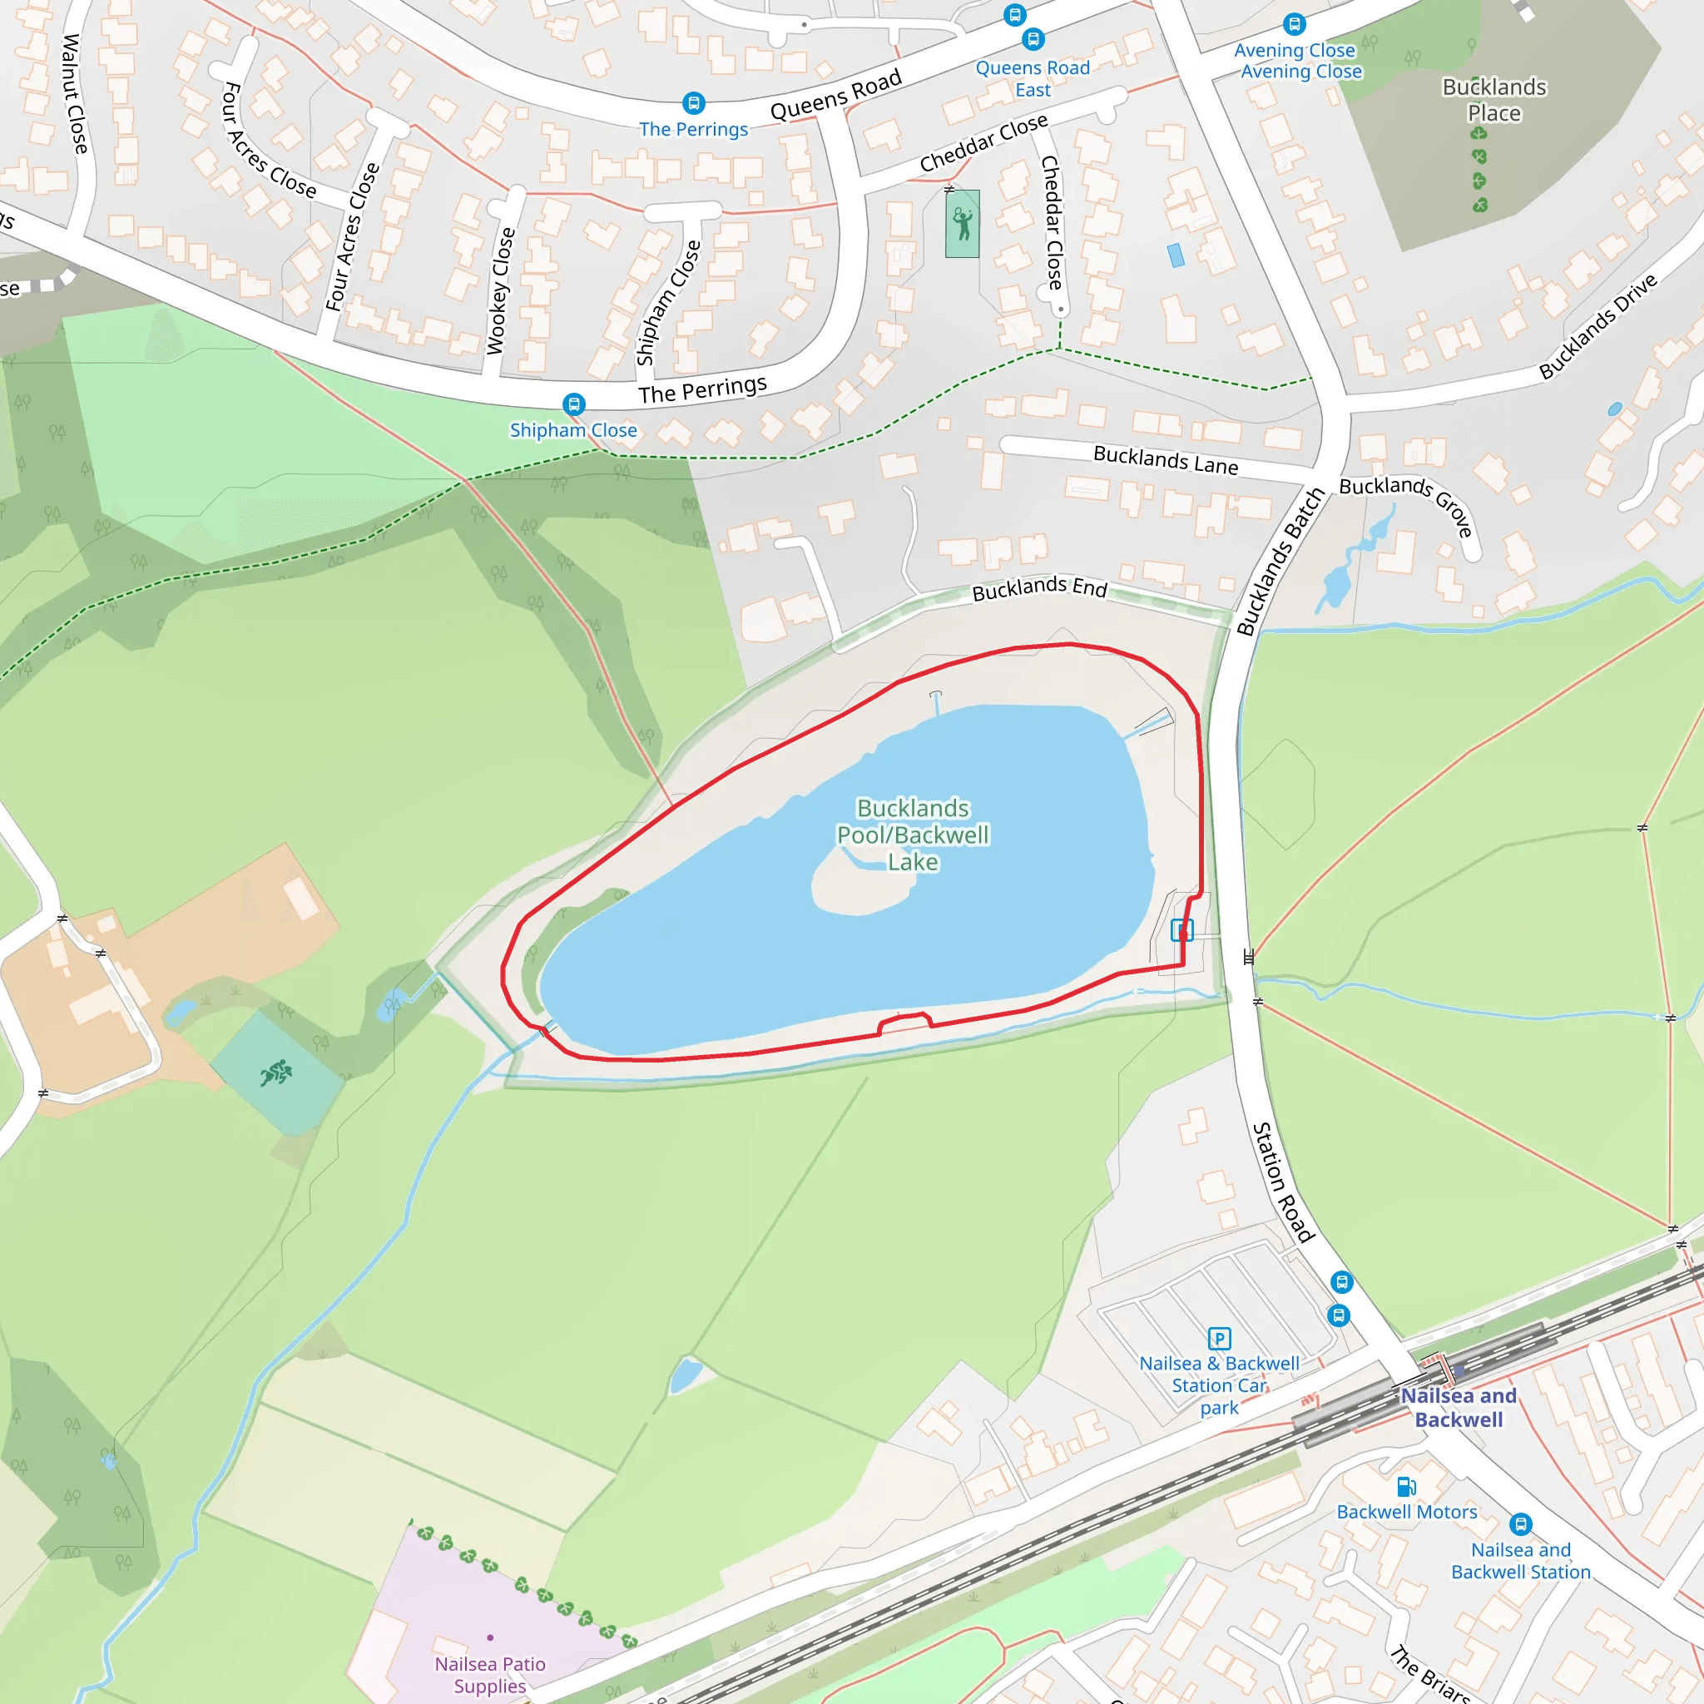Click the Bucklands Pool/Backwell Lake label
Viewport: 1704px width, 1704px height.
pos(913,835)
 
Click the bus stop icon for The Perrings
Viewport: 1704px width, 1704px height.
pos(694,103)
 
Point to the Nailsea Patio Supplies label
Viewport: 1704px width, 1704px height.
pos(489,1674)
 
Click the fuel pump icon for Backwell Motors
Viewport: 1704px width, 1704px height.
pos(1406,1487)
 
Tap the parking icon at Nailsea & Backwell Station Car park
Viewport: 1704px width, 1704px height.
pos(1219,1339)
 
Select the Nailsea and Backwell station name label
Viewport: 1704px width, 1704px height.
pos(1459,1408)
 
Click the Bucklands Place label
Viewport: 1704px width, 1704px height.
pos(1494,100)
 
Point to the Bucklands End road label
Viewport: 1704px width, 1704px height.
pos(1039,588)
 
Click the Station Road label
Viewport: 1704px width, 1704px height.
pos(1283,1181)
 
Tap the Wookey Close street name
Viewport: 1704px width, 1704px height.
pos(500,291)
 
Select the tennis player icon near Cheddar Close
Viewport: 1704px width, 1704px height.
pos(963,223)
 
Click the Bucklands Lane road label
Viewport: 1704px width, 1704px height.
pos(1165,459)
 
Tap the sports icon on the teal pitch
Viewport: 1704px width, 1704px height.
pos(276,1072)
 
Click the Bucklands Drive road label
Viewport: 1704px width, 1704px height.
pos(1597,327)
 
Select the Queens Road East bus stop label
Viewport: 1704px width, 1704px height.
pos(1033,78)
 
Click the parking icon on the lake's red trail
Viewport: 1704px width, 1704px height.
pos(1181,929)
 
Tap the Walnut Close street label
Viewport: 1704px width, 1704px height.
pos(75,94)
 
